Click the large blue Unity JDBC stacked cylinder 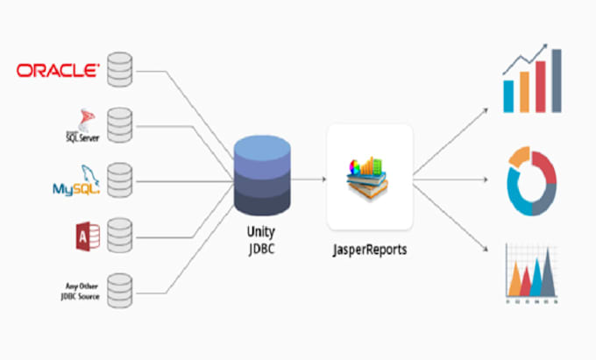tap(263, 176)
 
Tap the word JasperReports tap(370, 250)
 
